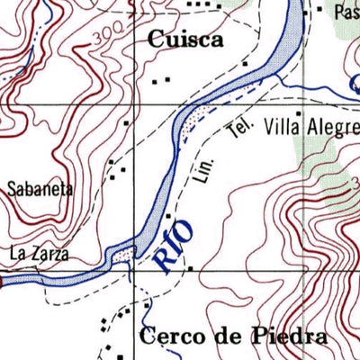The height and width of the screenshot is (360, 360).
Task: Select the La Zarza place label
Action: [39, 255]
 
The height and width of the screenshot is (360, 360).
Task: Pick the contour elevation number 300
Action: [107, 38]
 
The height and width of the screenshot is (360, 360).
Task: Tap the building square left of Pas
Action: [318, 11]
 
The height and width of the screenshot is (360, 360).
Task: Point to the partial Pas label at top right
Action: [346, 13]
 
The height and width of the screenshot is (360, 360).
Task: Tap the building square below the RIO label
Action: [191, 267]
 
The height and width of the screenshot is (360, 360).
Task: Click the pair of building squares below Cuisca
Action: [161, 81]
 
